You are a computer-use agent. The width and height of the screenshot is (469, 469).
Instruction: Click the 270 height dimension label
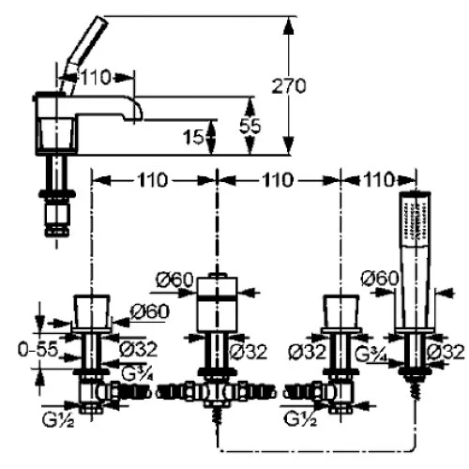(x=289, y=85)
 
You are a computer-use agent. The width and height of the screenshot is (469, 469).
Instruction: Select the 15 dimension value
(x=193, y=137)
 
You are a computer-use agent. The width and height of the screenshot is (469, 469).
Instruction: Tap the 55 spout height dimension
(x=250, y=126)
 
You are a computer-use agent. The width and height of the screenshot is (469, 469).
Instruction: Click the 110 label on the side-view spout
(x=96, y=77)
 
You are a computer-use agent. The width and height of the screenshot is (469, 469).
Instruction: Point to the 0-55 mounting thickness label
(x=38, y=349)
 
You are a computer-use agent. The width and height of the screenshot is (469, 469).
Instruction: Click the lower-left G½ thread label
(x=58, y=419)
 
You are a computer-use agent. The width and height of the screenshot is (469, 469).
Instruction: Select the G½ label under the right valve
(x=300, y=418)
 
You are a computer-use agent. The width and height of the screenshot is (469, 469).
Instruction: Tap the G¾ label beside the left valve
(x=137, y=373)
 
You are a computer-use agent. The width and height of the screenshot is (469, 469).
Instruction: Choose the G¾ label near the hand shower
(x=371, y=354)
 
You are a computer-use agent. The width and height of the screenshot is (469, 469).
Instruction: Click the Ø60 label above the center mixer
(x=174, y=280)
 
